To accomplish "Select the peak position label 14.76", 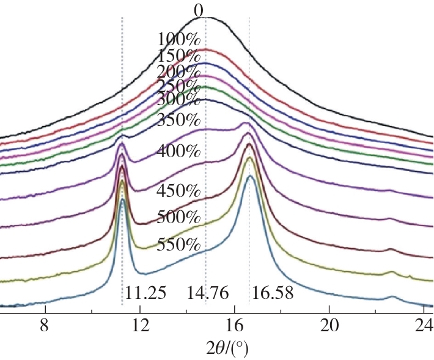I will pos(208,293).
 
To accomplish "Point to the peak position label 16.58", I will pos(273,293).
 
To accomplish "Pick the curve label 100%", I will pos(178,40).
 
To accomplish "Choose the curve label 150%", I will pos(178,56).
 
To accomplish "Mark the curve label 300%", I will pos(178,98).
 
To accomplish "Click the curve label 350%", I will pos(178,120).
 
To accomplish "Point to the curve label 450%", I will pos(178,189).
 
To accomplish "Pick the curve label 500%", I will pos(178,217).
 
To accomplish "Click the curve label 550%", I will pos(178,246).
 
